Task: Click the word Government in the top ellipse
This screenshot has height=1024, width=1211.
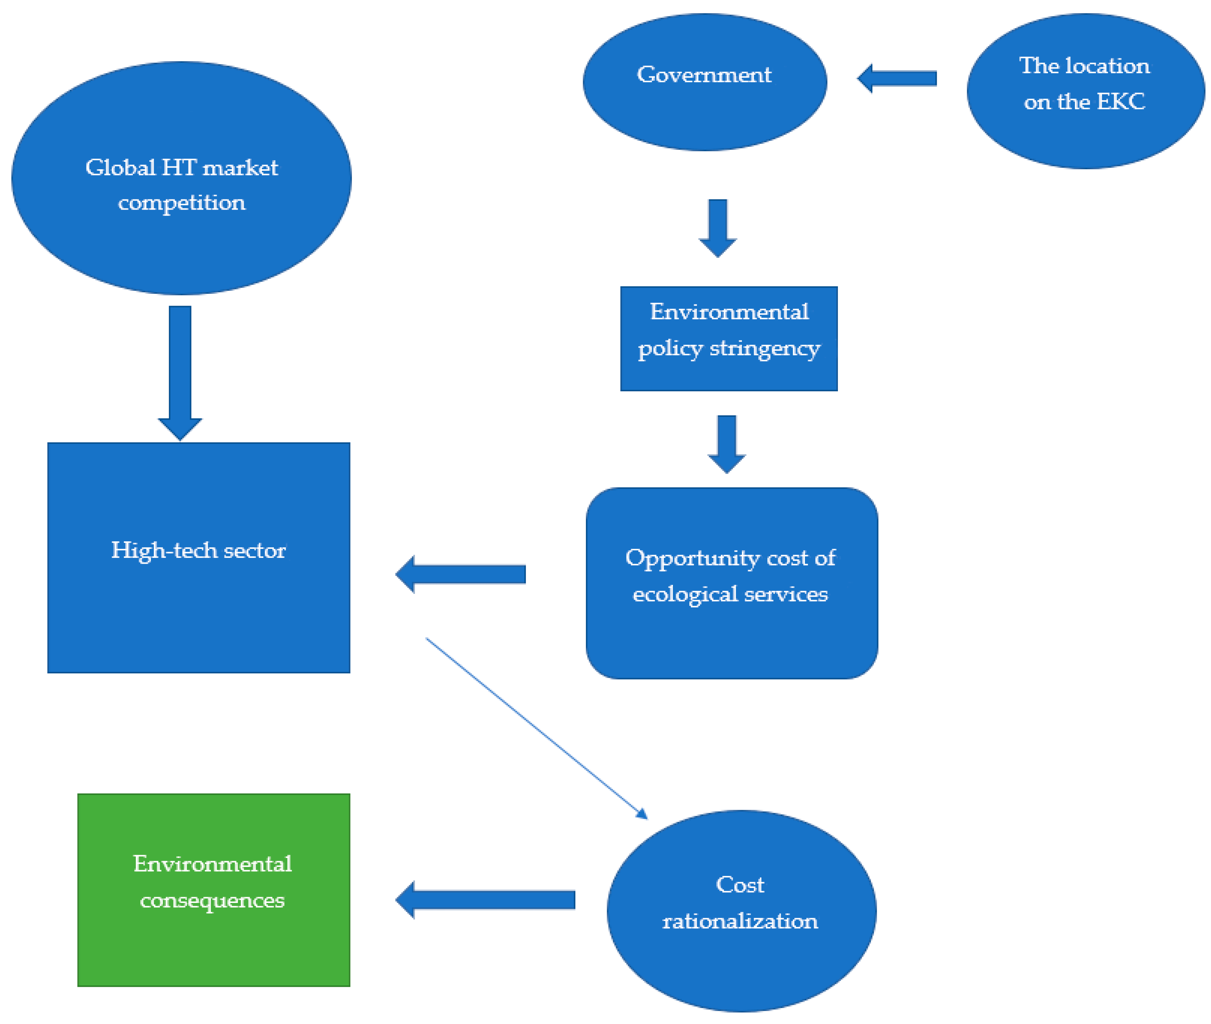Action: coord(703,75)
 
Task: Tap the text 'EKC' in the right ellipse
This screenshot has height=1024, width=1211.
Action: coord(1120,101)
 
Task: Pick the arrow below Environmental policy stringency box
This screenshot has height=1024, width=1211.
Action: coord(726,443)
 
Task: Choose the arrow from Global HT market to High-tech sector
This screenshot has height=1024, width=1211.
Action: coord(180,371)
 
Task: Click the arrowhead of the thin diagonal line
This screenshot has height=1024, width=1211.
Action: coord(642,814)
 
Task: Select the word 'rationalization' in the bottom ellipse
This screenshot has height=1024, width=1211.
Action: coord(740,921)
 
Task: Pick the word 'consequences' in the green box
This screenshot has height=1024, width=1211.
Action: coord(212,900)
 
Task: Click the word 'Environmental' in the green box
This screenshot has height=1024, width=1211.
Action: coord(212,864)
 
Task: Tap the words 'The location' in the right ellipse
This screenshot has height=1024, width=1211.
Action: coord(1084,65)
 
